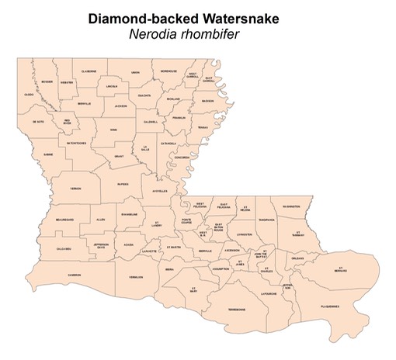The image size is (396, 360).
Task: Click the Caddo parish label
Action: pos(29,95)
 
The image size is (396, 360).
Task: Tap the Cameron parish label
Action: pos(74,275)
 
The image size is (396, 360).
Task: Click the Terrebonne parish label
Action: pos(235,310)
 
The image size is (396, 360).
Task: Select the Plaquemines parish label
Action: pos(329,306)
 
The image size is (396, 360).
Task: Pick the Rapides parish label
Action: pos(123,185)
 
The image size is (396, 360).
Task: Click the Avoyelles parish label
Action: pos(160,191)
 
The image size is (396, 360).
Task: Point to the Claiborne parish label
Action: pos(89,71)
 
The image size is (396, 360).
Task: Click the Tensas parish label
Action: pos(203,127)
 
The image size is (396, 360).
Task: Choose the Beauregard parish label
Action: pos(65,220)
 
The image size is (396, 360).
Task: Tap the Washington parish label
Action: pos(292,206)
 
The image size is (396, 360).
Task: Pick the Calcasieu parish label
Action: pos(63,248)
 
